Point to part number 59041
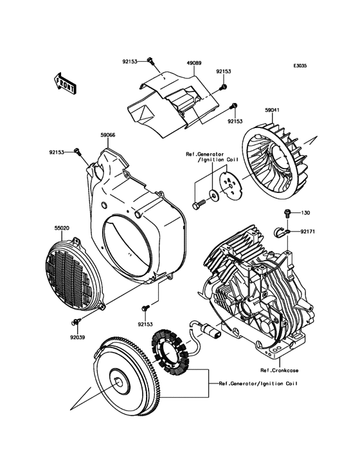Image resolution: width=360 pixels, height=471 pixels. coord(273,110)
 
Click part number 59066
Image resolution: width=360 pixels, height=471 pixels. coord(108,135)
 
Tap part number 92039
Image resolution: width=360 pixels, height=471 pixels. coord(77,337)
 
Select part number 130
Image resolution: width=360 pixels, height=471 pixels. coord(306,213)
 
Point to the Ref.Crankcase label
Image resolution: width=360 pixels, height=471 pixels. coord(279,371)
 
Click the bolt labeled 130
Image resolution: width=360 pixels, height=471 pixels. coord(287,214)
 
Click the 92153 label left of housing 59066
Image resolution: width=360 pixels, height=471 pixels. coord(57,152)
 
